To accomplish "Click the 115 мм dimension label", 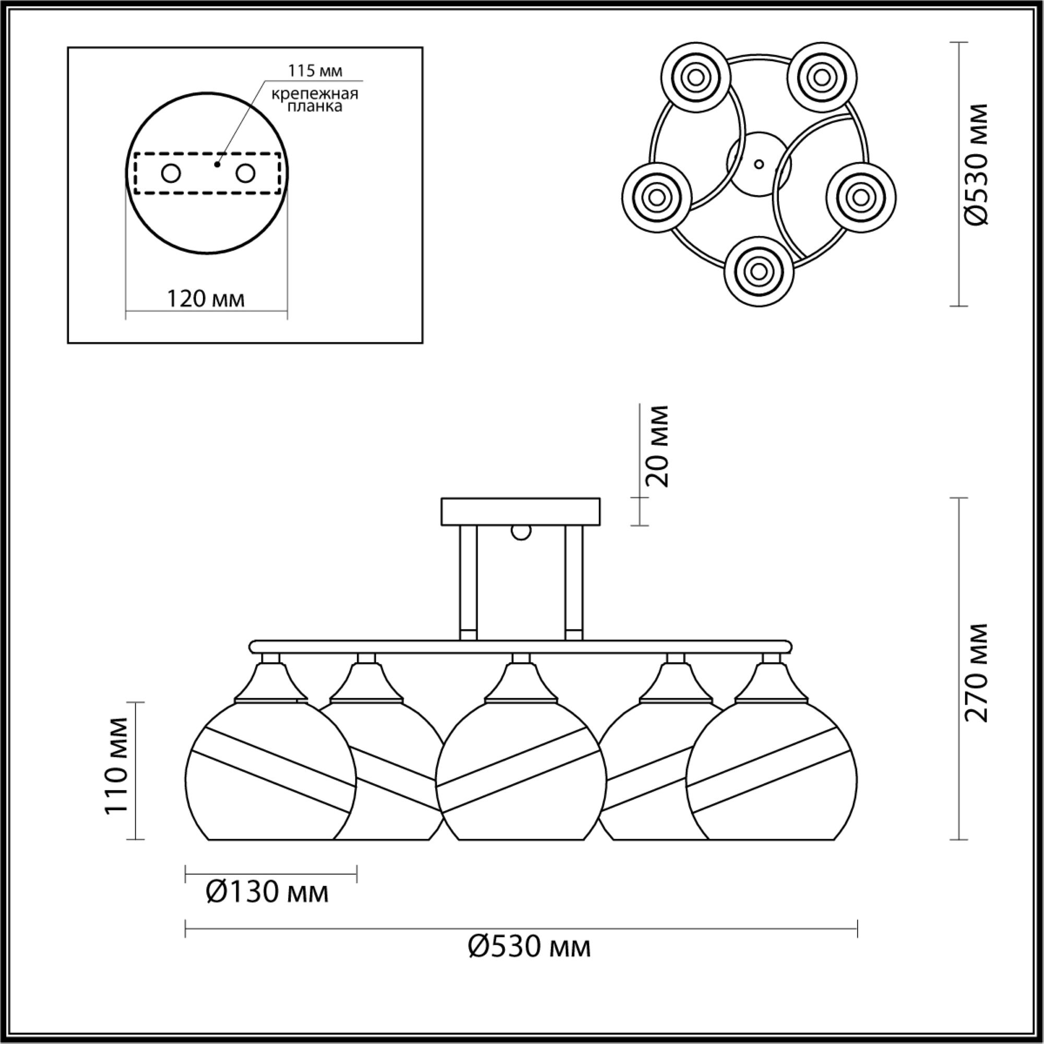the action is point(315,71).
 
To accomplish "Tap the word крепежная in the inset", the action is point(315,93).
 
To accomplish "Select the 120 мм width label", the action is point(206,298).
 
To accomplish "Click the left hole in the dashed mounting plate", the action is point(171,174).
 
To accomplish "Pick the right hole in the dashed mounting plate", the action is point(245,174).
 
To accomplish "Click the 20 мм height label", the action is point(658,446).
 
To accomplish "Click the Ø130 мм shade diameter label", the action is point(267,892).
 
